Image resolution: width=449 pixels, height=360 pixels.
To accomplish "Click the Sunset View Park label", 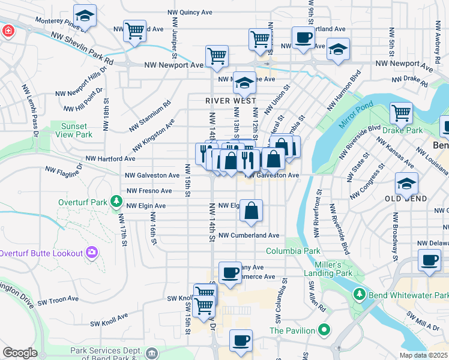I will pyautogui.click(x=76, y=131).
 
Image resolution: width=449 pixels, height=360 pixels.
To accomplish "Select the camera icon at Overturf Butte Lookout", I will pyautogui.click(x=92, y=253).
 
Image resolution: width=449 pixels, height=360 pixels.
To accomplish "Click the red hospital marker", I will pyautogui.click(x=8, y=31).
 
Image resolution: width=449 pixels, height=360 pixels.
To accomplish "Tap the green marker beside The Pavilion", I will pyautogui.click(x=324, y=330).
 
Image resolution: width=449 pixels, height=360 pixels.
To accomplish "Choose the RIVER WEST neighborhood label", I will pyautogui.click(x=231, y=101).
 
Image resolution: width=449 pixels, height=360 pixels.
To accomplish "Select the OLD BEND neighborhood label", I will pyautogui.click(x=407, y=199).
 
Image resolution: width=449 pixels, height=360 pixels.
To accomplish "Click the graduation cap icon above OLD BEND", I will pyautogui.click(x=406, y=183).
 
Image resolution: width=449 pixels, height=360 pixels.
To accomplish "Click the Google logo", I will pyautogui.click(x=20, y=353).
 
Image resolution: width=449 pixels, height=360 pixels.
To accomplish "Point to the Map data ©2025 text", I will pyautogui.click(x=423, y=355).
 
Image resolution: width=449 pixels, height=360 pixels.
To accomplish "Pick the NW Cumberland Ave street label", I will pyautogui.click(x=249, y=236).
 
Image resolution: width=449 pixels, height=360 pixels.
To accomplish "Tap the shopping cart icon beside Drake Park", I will pyautogui.click(x=401, y=112).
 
